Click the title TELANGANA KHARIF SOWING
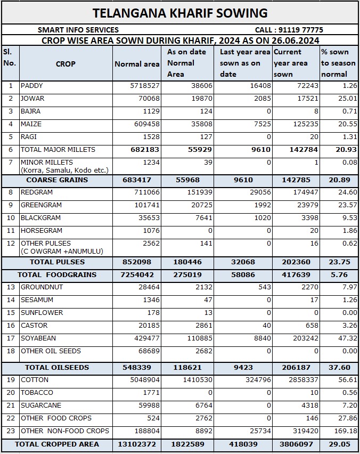point(180,13)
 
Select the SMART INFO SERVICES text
point(78,30)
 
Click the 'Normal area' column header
point(137,64)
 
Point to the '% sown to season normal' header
point(338,63)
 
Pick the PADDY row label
point(32,86)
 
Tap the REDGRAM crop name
point(36,192)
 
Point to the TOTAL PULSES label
point(57,262)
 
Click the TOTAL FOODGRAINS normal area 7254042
point(137,275)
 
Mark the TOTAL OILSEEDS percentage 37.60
point(339,368)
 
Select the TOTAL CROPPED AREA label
point(56,444)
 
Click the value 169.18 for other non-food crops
point(345,431)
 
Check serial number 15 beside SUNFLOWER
point(10,313)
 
